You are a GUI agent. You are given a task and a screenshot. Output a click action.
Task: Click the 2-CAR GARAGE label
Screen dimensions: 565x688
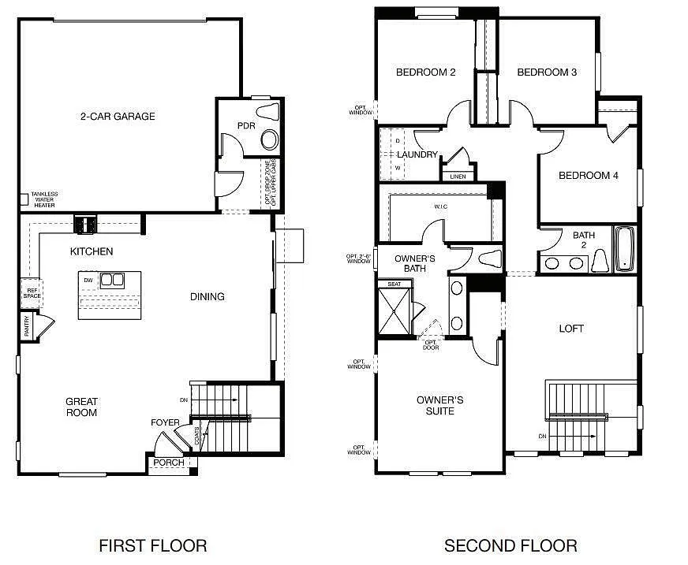(118, 117)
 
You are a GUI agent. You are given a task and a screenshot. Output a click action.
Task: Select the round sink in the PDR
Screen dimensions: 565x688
(270, 140)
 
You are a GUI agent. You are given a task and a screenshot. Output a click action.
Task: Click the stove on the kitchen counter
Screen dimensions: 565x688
(84, 225)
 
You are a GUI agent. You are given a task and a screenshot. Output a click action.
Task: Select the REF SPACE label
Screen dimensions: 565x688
(32, 292)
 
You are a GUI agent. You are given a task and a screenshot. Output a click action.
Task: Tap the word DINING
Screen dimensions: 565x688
(208, 297)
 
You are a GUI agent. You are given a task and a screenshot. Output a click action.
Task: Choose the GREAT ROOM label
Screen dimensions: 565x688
(82, 407)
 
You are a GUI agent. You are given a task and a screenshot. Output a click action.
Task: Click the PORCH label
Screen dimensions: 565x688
(169, 463)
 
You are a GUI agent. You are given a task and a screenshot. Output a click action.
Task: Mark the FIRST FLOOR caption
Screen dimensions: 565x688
(153, 545)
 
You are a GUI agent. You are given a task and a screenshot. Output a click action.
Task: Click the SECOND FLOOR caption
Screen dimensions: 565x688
(510, 545)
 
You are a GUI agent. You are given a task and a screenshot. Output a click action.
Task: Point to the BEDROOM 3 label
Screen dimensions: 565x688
(547, 72)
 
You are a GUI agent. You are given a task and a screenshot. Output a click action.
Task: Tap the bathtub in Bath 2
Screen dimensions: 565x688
(624, 249)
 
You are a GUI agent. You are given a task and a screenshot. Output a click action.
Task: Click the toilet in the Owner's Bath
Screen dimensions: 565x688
(489, 258)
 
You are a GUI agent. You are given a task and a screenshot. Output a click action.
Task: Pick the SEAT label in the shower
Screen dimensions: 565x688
(394, 284)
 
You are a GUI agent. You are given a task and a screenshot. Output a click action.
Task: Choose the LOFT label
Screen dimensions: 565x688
(571, 329)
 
